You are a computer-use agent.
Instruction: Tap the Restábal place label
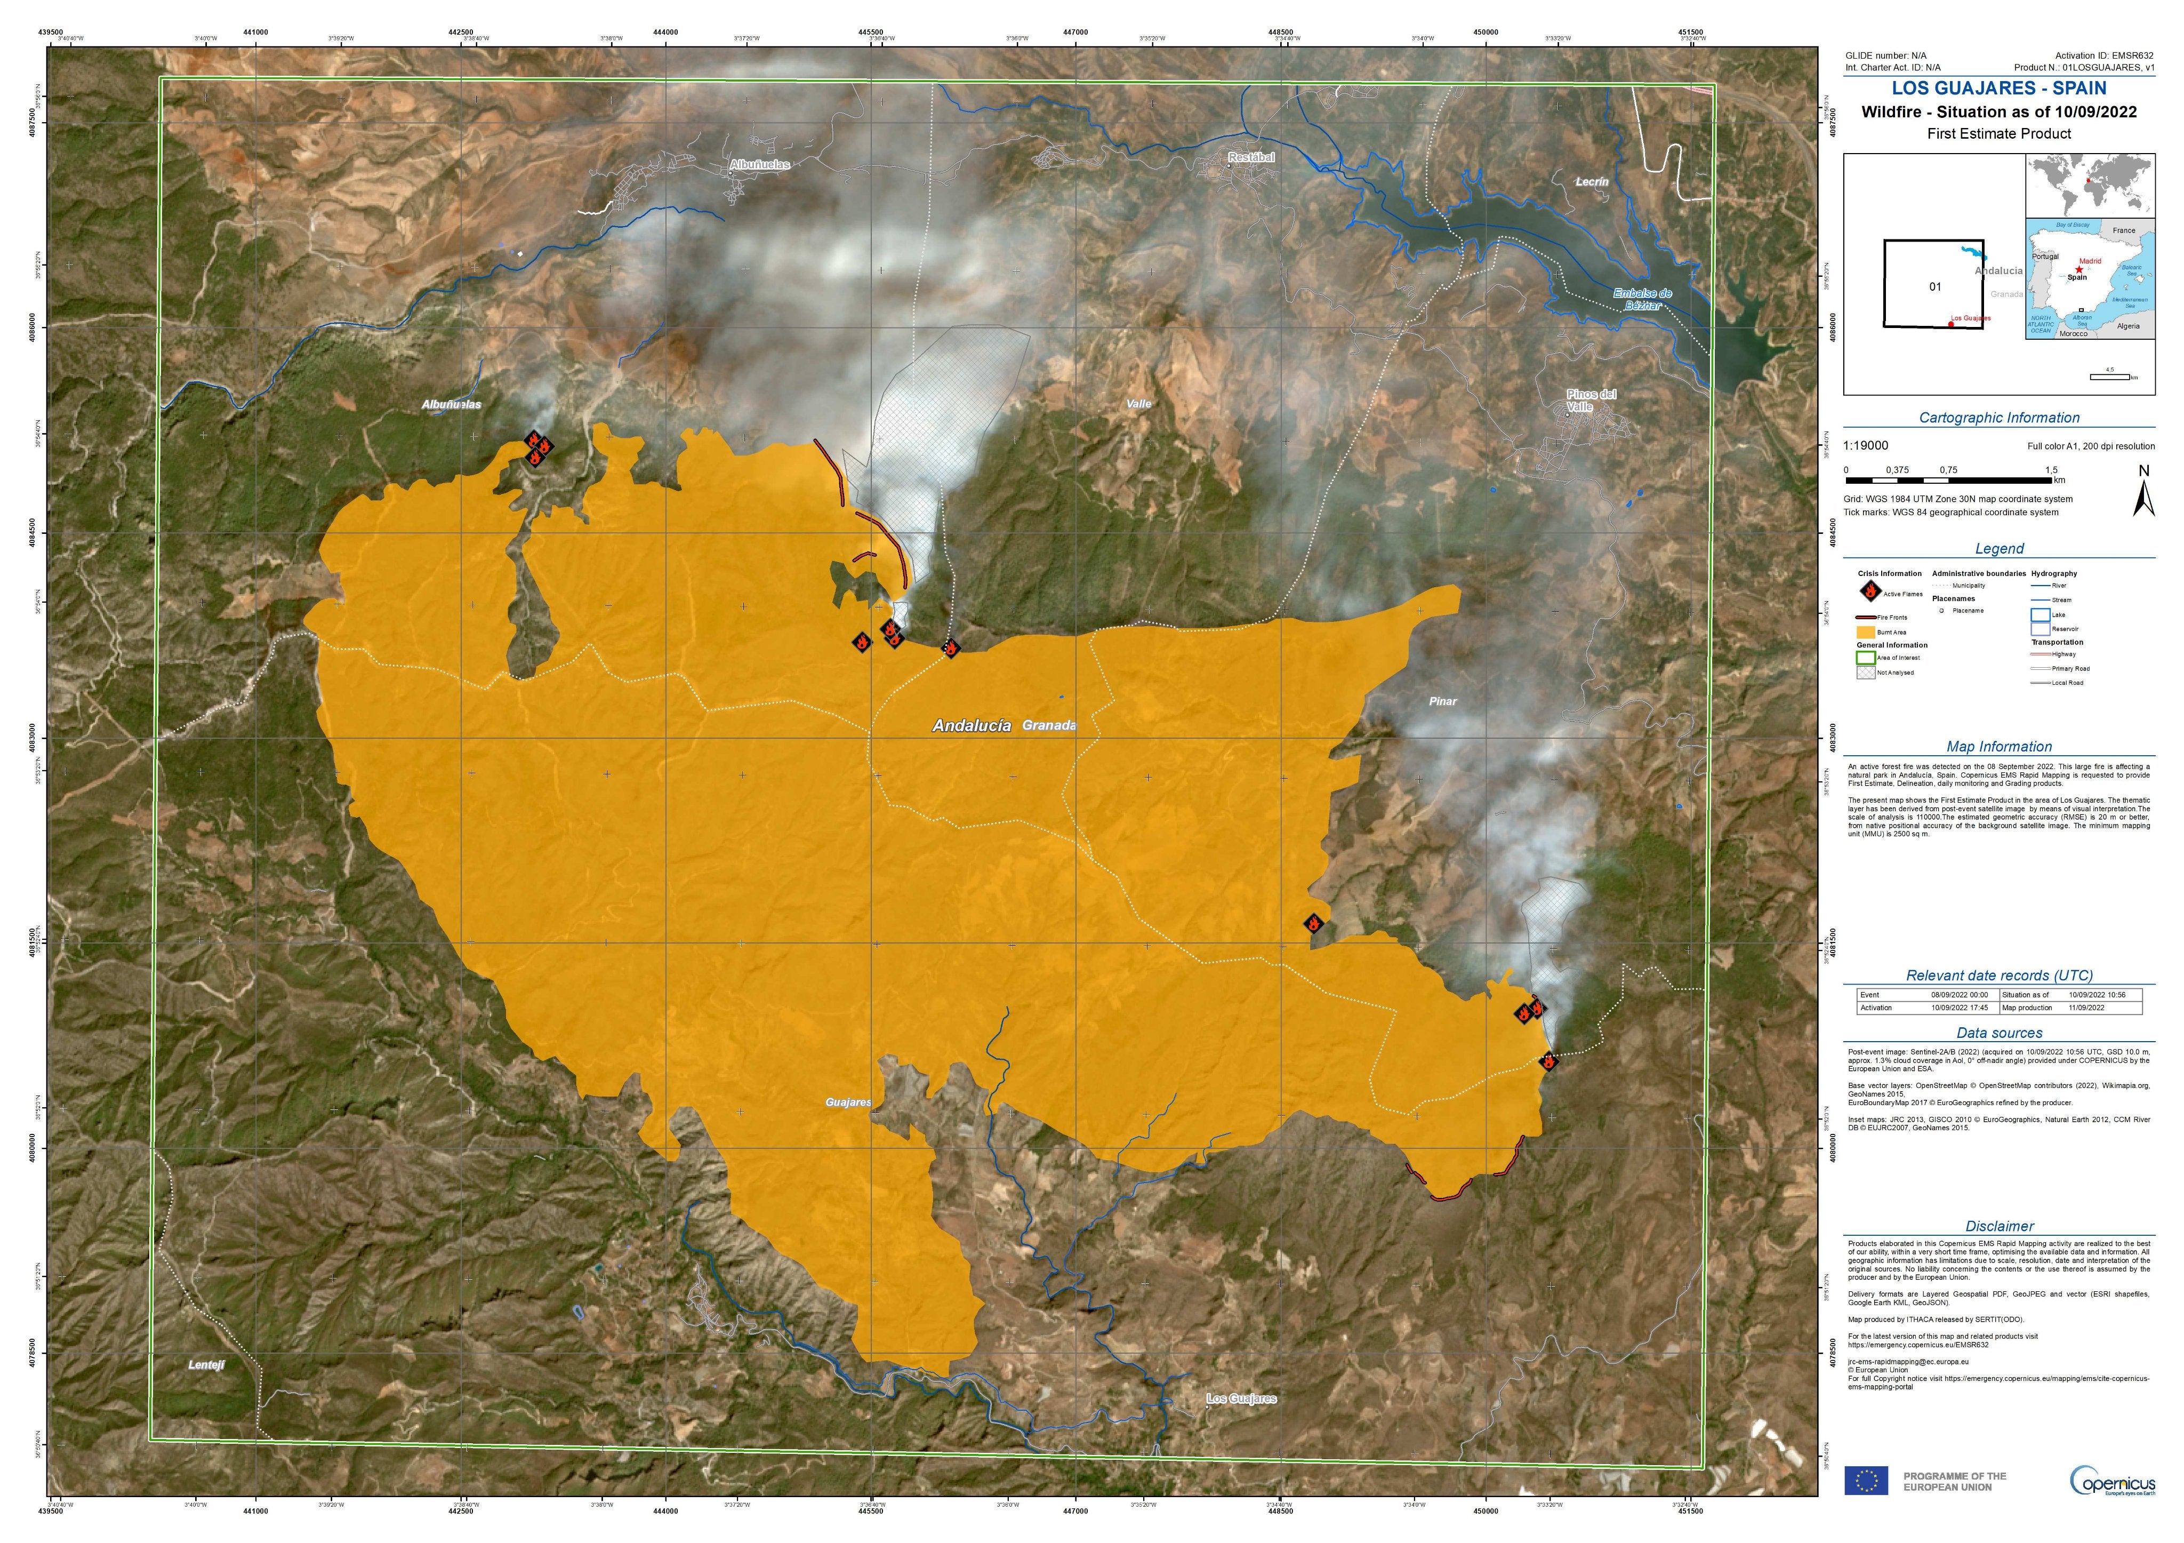[1251, 157]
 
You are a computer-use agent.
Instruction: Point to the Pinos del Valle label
[1592, 399]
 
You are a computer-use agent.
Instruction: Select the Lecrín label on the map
[1592, 182]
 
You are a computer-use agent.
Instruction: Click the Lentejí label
[206, 1364]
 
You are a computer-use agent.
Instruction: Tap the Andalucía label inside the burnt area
[971, 726]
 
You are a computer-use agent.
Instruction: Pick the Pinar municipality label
[1442, 701]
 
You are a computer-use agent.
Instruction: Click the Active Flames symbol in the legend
[1869, 591]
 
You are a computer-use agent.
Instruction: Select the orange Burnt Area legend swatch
[1865, 631]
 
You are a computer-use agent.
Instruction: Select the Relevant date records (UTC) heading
[1998, 975]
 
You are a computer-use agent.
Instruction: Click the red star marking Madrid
[2078, 270]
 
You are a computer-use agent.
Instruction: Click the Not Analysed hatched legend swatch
[1865, 673]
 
